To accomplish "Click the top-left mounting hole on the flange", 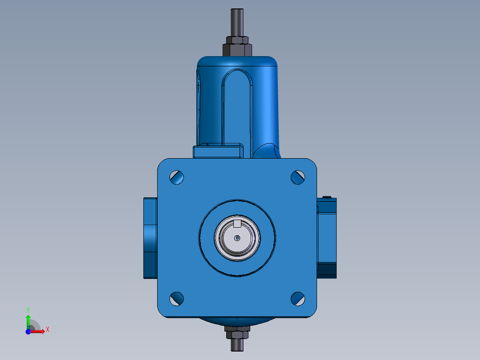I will pyautogui.click(x=177, y=177).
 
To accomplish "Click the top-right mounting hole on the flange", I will pyautogui.click(x=298, y=177).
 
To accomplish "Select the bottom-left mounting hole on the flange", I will pyautogui.click(x=177, y=299).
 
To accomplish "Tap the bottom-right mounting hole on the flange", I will pyautogui.click(x=298, y=299).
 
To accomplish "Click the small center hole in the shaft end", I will pyautogui.click(x=237, y=238).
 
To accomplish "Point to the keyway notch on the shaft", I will pyautogui.click(x=237, y=223).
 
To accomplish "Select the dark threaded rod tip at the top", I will pyautogui.click(x=237, y=20).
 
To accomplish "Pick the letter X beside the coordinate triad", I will pyautogui.click(x=47, y=330).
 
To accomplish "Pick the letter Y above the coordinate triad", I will pyautogui.click(x=28, y=309).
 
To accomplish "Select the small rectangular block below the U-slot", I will pyautogui.click(x=218, y=151).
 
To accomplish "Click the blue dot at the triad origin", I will pyautogui.click(x=28, y=331).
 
